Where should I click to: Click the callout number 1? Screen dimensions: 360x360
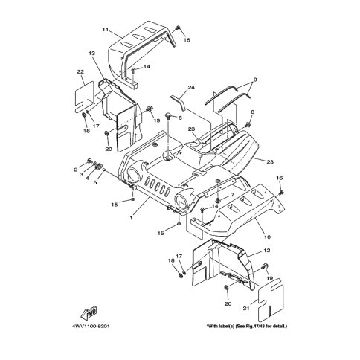tap(131, 218)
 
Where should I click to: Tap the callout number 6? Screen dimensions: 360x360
tap(180, 118)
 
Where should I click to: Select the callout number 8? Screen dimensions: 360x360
tap(252, 112)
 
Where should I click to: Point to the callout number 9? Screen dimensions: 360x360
tap(255, 80)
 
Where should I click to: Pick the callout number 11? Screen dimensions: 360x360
tap(106, 30)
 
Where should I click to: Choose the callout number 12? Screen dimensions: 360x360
tap(267, 251)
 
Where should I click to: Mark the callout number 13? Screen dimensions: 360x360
tap(92, 54)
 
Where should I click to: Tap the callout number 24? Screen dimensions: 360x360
tap(191, 87)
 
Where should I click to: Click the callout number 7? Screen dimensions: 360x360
tap(232, 195)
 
